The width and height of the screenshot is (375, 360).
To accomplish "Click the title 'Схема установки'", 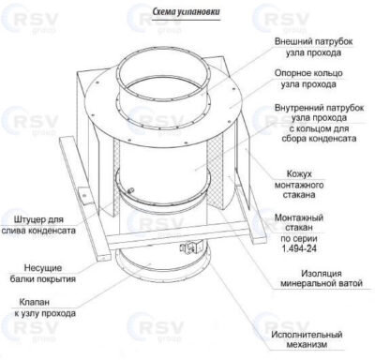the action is [187, 11].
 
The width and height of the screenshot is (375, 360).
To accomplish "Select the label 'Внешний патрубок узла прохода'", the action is [313, 47].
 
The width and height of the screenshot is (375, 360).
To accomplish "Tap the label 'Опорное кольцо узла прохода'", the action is [308, 79].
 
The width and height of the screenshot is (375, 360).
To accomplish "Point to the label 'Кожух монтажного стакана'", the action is [299, 185].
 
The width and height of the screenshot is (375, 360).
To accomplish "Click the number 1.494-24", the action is [299, 248].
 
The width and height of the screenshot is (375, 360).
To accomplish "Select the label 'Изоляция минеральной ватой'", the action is [322, 278].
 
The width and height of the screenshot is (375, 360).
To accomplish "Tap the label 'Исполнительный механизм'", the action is [307, 339].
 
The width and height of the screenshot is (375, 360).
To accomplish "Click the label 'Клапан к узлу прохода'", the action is [45, 307].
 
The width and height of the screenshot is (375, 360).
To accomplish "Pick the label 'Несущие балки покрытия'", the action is [43, 273].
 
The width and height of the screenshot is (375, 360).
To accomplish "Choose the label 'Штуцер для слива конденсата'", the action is [38, 225].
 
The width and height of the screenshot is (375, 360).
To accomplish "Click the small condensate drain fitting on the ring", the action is [131, 189].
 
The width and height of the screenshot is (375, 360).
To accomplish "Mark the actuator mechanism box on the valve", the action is [190, 247].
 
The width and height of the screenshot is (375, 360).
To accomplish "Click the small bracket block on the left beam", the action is [83, 197].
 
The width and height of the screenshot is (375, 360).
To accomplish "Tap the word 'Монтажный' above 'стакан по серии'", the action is [298, 217].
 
